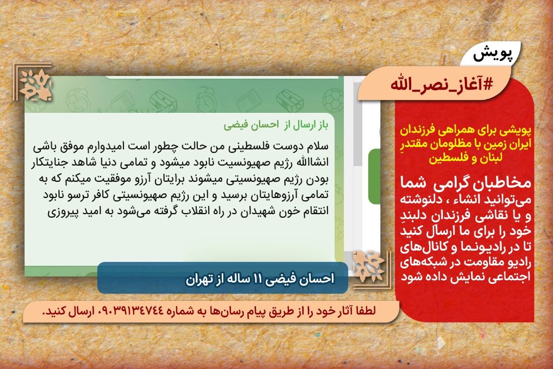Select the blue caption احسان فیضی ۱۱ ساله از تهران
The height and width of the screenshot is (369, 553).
260,279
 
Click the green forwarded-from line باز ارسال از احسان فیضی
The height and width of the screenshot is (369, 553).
276,125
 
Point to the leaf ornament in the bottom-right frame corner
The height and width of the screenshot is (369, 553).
368,266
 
